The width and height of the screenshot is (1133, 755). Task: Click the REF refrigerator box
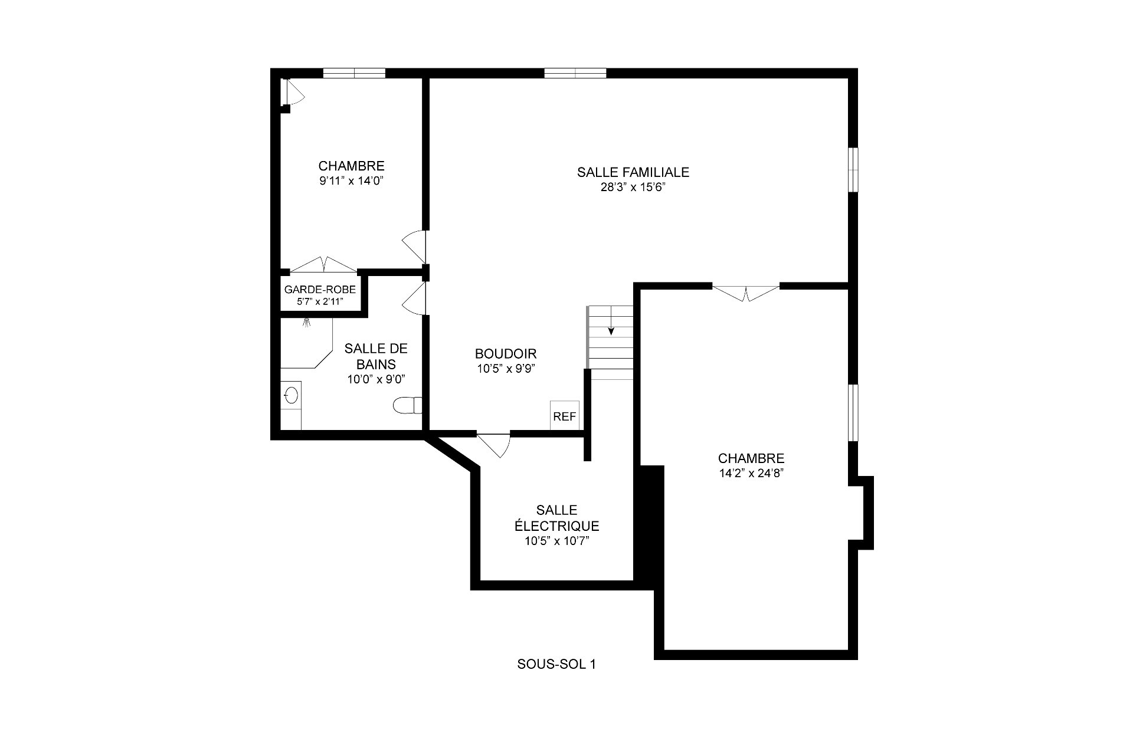coord(565,415)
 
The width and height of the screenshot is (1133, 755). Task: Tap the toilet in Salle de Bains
coord(408,405)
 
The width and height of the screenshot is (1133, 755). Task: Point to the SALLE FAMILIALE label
coord(633,172)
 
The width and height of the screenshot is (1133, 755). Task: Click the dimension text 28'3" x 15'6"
coord(633,188)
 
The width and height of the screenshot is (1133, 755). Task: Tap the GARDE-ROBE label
coord(320,290)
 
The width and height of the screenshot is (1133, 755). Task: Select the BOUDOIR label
coord(506,354)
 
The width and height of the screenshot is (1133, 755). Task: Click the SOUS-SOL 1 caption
coord(556,664)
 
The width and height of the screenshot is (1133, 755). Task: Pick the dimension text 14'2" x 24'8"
coord(751,473)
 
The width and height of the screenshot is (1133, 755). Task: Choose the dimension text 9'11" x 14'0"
coord(352,182)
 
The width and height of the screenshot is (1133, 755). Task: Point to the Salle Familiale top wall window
coord(575,73)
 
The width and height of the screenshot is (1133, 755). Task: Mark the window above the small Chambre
coord(354,73)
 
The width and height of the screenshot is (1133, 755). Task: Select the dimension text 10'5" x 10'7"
coord(557,541)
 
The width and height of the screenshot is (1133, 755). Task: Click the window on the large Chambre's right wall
coord(853,413)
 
